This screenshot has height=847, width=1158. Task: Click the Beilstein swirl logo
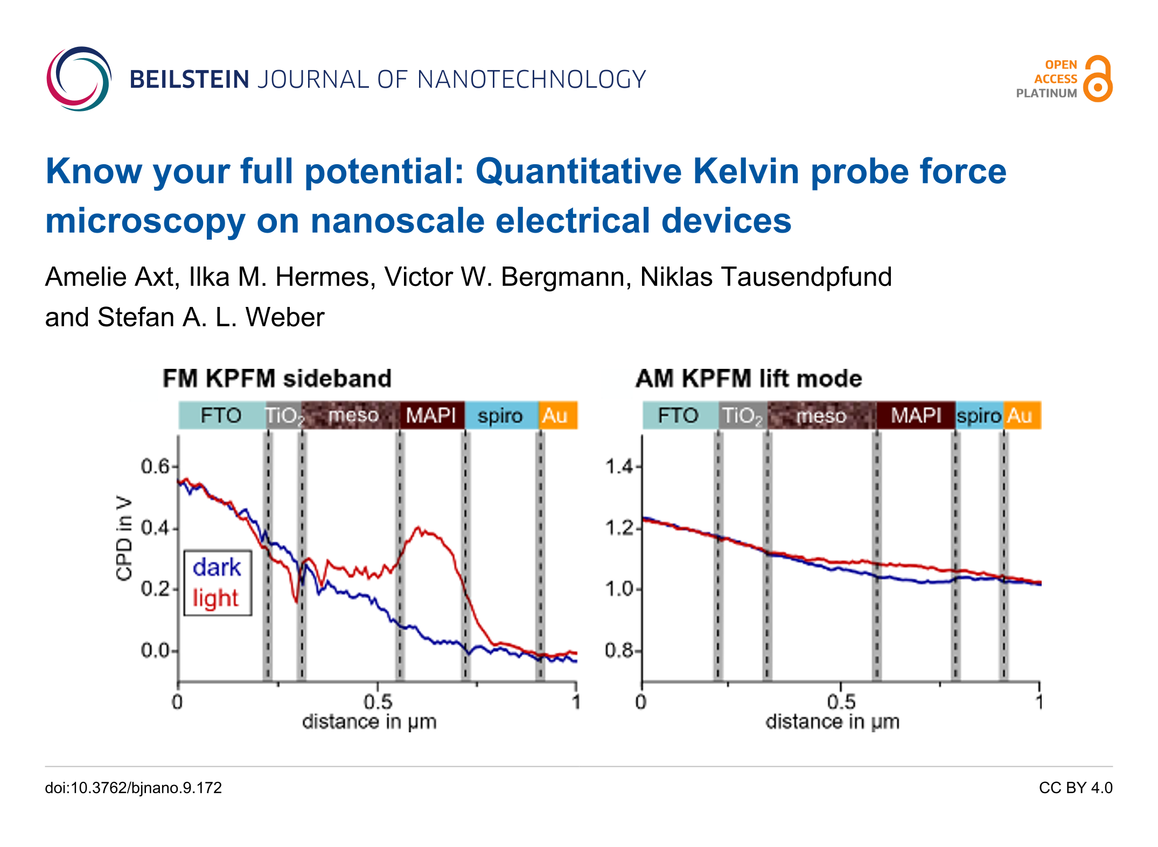pos(79,79)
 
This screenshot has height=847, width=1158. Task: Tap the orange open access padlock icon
pos(1098,79)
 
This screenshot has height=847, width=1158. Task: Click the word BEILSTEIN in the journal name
pos(189,80)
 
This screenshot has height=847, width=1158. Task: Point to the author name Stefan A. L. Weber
pos(211,317)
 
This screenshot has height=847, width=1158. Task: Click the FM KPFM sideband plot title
pos(277,379)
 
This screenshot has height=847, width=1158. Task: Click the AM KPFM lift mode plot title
pos(749,379)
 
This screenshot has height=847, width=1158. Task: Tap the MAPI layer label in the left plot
pos(431,416)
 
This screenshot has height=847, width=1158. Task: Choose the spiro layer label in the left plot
pos(500,416)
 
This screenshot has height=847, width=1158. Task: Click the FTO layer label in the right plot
pos(678,416)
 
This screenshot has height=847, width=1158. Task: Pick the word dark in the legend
pos(217,568)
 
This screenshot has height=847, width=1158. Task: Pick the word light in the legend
pos(215,598)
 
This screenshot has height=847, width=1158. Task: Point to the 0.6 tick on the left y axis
pos(155,466)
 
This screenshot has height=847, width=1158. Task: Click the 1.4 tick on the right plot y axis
pos(620,466)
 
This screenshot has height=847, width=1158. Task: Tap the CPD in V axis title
pos(124,538)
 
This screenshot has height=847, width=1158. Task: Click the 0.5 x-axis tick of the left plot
pos(378,702)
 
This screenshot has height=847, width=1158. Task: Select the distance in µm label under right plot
pos(833,722)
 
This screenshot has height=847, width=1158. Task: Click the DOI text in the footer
pos(134,788)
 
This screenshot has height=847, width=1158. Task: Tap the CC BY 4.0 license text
pos(1076,788)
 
